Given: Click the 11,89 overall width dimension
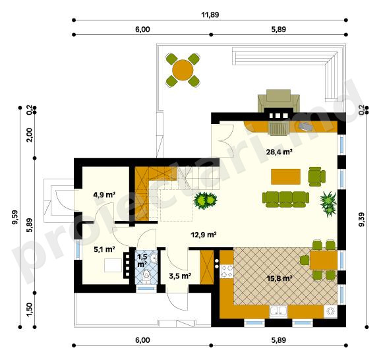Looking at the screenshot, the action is [210, 15].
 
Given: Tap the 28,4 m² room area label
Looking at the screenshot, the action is [279, 152].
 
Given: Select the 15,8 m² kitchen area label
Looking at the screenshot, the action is [279, 278].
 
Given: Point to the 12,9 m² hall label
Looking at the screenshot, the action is [204, 235].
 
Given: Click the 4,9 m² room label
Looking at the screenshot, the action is [104, 195].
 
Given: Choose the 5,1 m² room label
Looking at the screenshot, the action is [104, 249].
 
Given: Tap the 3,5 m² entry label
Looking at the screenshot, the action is [180, 276].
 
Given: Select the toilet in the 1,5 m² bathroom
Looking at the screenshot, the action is [146, 276].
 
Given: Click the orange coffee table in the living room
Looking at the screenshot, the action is [285, 177].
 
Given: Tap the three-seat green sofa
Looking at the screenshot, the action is [286, 199].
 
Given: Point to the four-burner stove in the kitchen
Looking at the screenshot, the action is [227, 272].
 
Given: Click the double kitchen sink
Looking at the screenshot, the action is [278, 311].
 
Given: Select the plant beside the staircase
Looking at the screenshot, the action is [205, 200].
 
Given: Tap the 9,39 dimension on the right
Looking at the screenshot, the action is [362, 220].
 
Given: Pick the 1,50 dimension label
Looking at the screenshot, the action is [29, 310].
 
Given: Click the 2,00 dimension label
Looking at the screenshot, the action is [29, 135].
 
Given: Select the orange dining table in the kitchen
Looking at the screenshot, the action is [324, 260].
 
